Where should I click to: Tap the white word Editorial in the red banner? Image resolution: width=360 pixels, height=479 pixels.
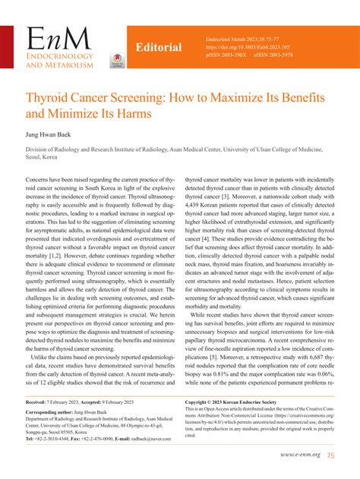pos(158,48)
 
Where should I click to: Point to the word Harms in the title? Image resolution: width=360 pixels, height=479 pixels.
pos(130,117)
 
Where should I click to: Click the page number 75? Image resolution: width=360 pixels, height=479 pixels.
pos(332,455)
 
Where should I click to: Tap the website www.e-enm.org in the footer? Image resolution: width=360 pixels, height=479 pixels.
pos(299,455)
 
